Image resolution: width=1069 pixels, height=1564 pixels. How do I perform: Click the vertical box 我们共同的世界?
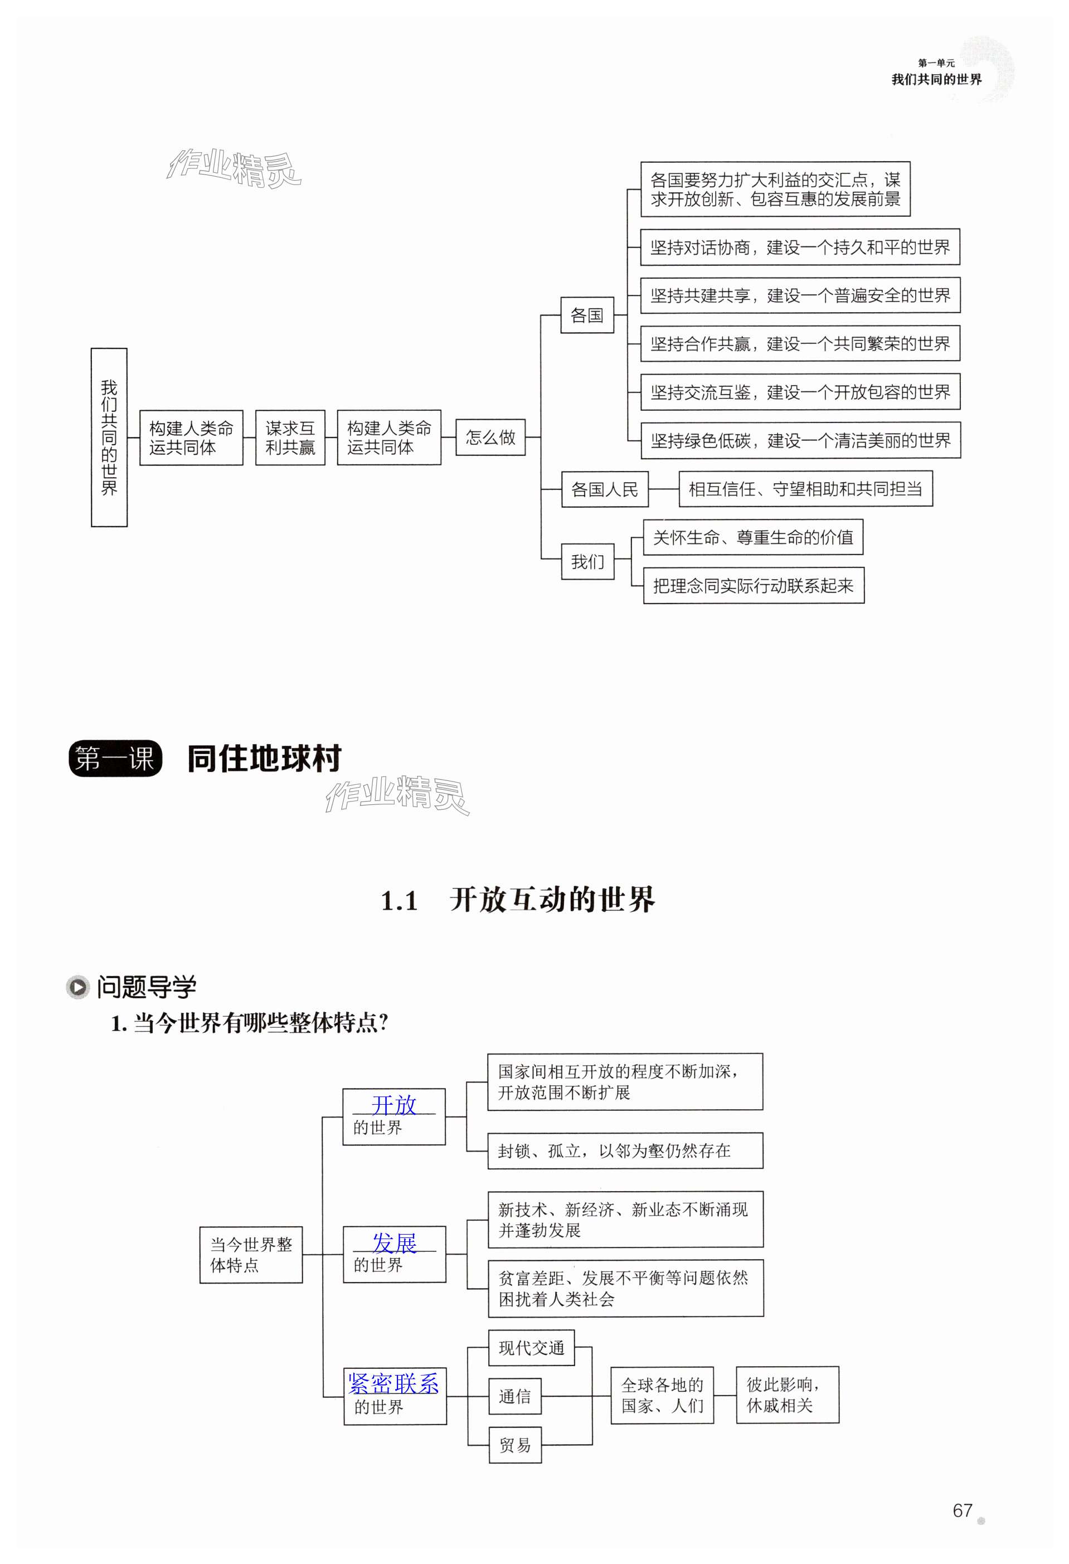tap(109, 438)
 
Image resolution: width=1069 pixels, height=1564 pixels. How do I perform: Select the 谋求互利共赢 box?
tap(290, 438)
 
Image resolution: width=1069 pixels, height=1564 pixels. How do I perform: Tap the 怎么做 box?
tap(490, 438)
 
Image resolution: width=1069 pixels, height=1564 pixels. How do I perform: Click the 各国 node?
tap(587, 315)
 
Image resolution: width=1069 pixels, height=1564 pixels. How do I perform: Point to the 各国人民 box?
tap(604, 489)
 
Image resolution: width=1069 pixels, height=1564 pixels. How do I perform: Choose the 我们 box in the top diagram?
tap(587, 561)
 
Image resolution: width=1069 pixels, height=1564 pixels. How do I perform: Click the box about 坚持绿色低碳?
tap(800, 441)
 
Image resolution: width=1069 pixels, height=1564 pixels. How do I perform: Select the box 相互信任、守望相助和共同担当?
tap(805, 489)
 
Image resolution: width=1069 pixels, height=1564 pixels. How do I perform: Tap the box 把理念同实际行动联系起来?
tap(753, 585)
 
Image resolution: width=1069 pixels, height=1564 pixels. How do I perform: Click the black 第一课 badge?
tap(115, 759)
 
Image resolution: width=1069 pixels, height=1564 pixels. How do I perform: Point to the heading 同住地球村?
tap(264, 759)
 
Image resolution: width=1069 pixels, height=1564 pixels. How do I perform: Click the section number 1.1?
tap(399, 901)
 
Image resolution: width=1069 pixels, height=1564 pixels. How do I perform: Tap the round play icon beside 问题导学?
tap(78, 987)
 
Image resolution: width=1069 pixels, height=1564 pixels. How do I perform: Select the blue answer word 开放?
tap(393, 1105)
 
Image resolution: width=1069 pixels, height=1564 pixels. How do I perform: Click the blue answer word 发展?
tap(394, 1242)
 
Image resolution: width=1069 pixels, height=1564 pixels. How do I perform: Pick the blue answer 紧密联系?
tap(393, 1383)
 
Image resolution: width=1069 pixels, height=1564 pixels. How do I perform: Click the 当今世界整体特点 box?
tap(251, 1255)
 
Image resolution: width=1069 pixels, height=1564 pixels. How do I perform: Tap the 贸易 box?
tap(514, 1445)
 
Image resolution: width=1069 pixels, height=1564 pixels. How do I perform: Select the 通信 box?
tap(514, 1396)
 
